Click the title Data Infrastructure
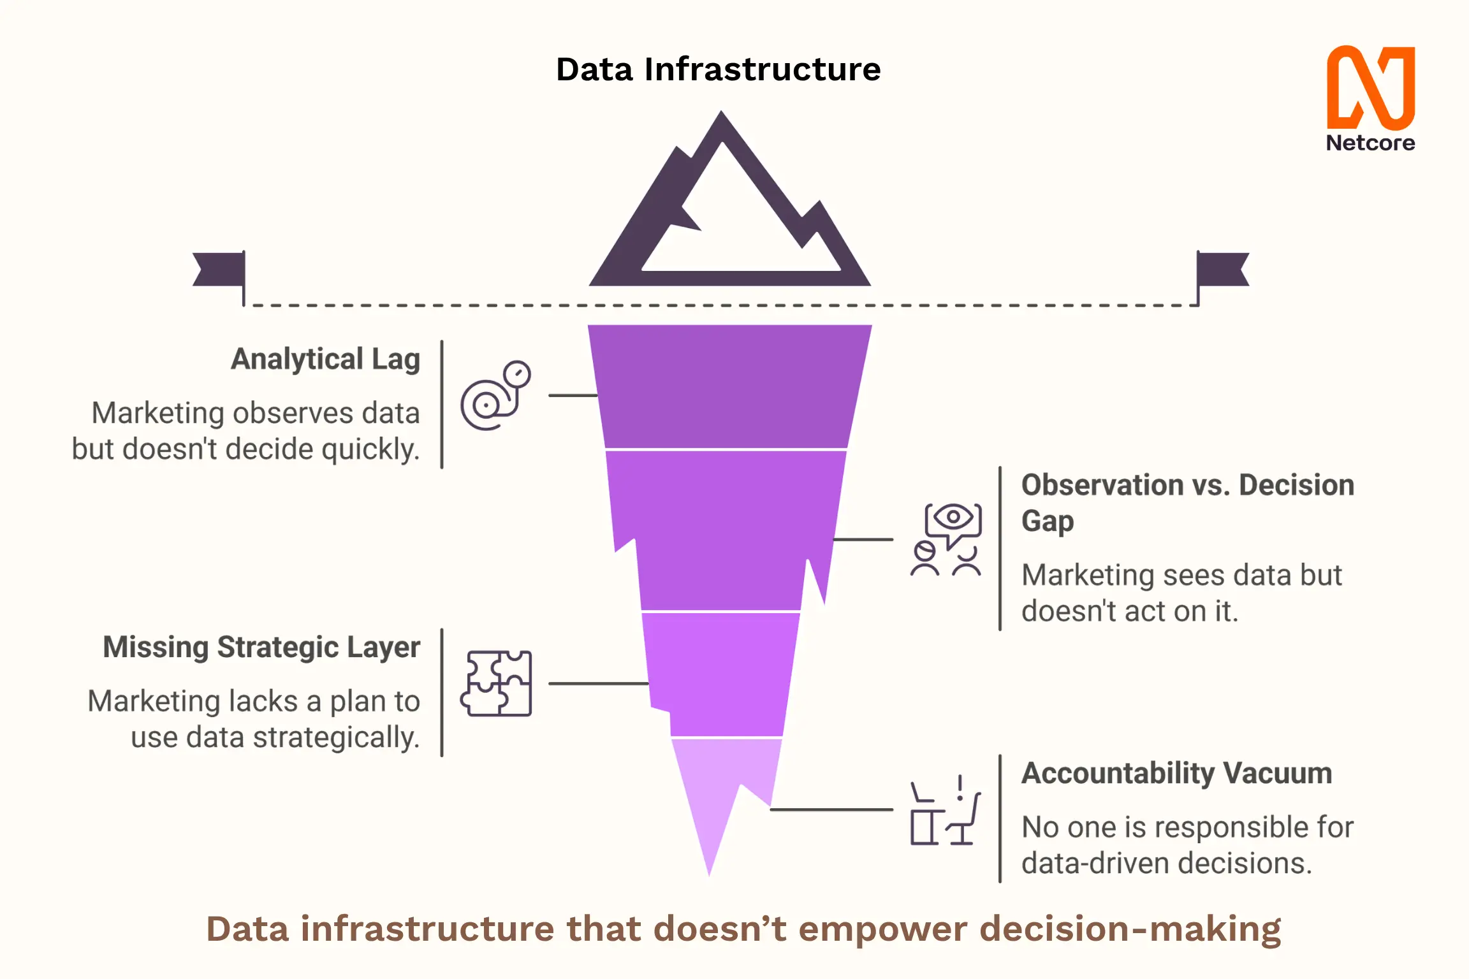[719, 69]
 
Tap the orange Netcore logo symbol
[1371, 87]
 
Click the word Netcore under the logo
[1371, 143]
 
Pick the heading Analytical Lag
[325, 359]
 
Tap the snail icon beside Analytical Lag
[495, 395]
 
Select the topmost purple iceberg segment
[729, 386]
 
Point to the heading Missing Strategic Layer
[261, 647]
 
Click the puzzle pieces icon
[496, 683]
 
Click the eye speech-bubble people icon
[946, 539]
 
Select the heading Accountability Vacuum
[1177, 773]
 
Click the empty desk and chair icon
[946, 810]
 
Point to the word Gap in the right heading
[1048, 522]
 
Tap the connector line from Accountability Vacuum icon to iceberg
[831, 809]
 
